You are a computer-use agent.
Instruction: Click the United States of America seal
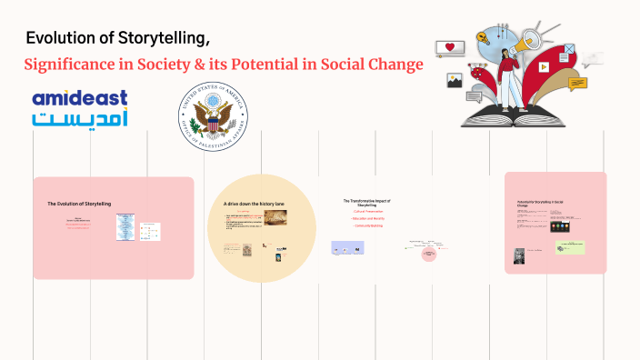(x=215, y=117)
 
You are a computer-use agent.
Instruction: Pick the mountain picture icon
(x=455, y=81)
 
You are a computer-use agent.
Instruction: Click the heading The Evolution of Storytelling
(x=79, y=204)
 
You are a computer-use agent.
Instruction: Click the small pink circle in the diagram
(x=428, y=255)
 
